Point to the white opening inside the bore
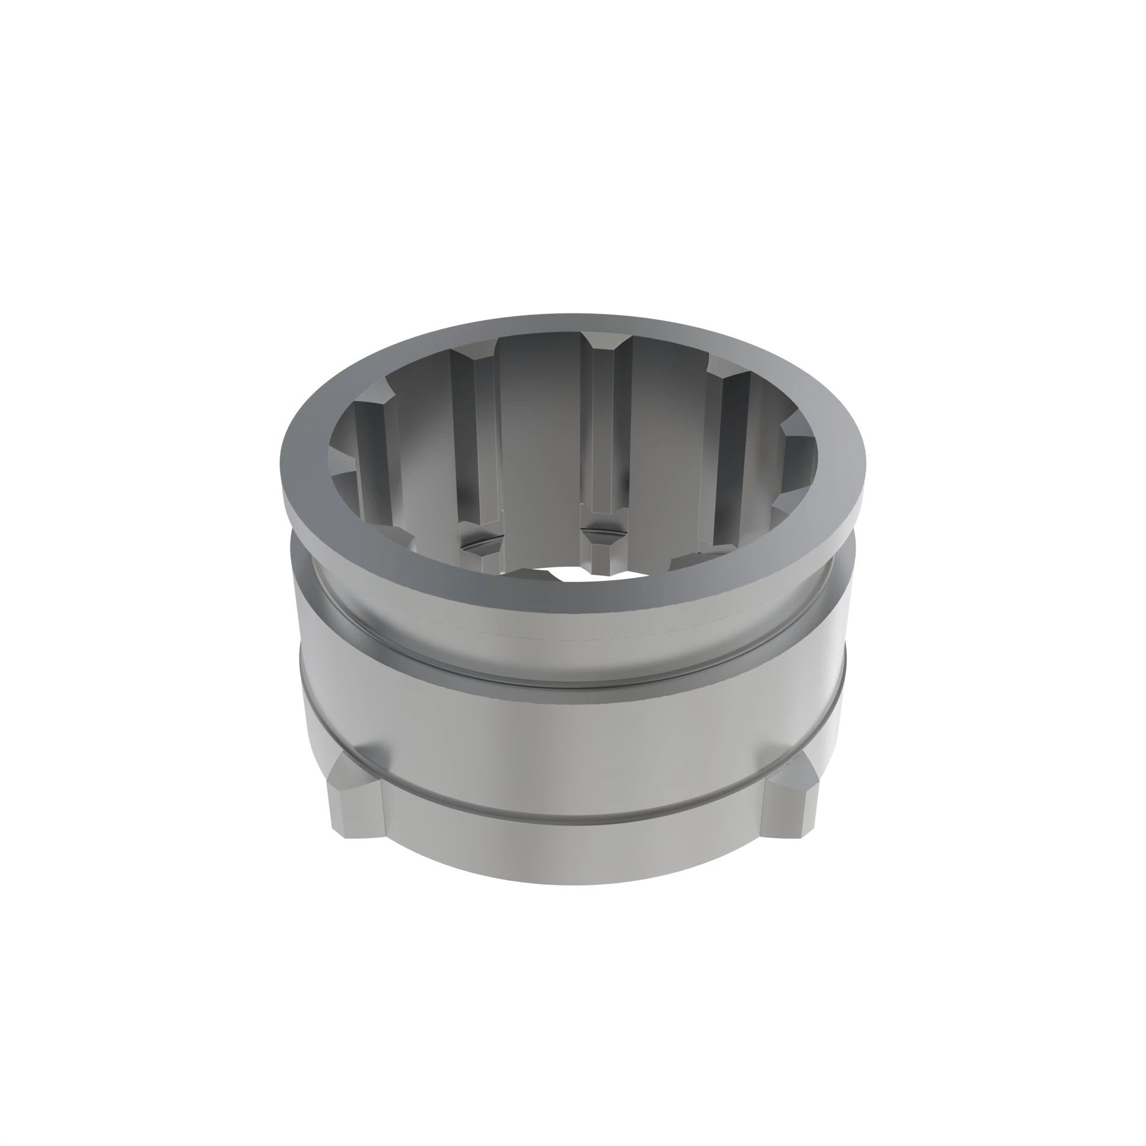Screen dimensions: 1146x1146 (567, 574)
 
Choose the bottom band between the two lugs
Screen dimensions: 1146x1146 (570, 854)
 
